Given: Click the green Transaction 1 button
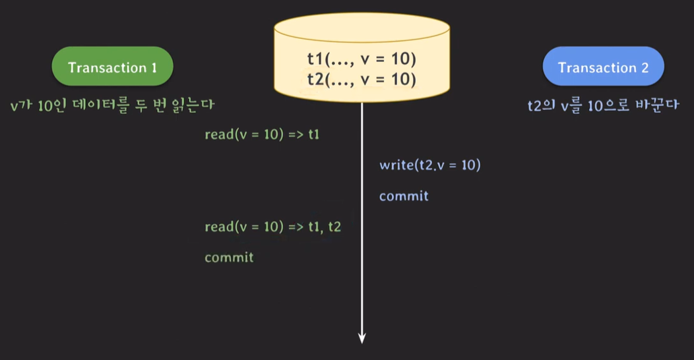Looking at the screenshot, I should (112, 68).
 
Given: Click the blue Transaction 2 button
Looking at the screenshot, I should (603, 68).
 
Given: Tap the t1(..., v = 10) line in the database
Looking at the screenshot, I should (362, 59).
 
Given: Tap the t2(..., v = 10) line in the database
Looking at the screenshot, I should (362, 79).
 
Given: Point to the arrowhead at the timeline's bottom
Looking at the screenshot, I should (362, 338).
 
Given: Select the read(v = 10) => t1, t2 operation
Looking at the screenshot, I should (272, 227).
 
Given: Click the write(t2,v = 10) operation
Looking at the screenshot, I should (429, 165).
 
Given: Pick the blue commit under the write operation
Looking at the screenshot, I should (404, 196).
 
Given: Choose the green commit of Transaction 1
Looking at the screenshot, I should (229, 257).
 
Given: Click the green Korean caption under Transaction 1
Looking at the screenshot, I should (113, 105).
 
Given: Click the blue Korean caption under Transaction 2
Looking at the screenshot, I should (603, 105).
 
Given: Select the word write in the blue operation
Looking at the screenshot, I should (394, 165).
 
